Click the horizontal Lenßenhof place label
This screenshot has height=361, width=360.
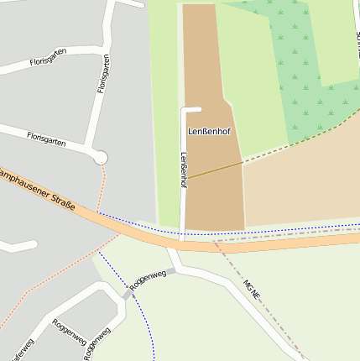coord(209,132)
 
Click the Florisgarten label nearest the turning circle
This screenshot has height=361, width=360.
coord(46,138)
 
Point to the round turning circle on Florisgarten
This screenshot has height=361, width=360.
coord(101,157)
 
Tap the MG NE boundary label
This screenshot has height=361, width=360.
coord(252,290)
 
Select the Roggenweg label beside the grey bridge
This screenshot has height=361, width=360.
coord(149,279)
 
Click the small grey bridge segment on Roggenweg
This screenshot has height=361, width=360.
coord(128,295)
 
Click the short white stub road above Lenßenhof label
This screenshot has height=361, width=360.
coord(193,109)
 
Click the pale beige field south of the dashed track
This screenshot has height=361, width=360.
coord(302,185)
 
